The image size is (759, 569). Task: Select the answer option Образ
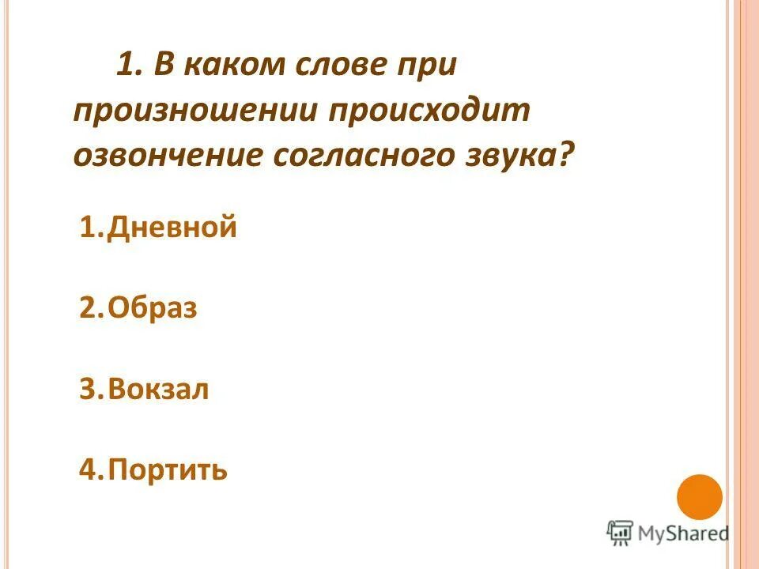tap(153, 308)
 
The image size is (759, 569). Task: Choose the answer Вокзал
tap(159, 390)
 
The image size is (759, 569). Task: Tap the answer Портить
tap(168, 470)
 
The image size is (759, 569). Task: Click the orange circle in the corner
tap(700, 497)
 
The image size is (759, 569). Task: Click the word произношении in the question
tap(193, 110)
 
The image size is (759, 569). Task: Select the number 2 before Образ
tap(88, 308)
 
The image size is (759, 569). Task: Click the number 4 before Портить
tap(88, 470)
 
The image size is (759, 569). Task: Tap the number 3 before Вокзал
tap(88, 390)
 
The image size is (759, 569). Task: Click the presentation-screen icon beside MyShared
tap(620, 533)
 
